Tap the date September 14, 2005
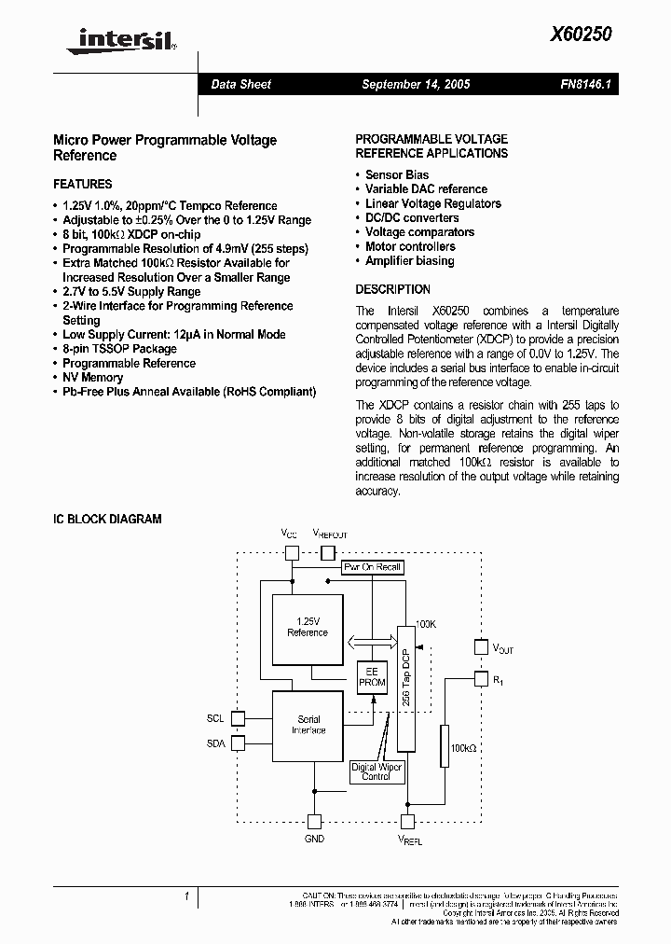tap(416, 84)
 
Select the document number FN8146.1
tap(585, 84)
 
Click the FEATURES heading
tap(82, 184)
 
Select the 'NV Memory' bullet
tap(92, 377)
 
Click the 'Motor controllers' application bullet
tap(410, 246)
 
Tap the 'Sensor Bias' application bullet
tap(397, 174)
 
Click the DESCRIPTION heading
tap(392, 289)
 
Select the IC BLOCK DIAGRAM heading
tap(107, 519)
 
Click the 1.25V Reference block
tap(308, 627)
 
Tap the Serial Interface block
tap(308, 725)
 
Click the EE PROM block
tap(372, 677)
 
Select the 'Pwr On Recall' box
tap(372, 567)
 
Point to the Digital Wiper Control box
tap(377, 770)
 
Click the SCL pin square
tap(237, 718)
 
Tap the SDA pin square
tap(237, 743)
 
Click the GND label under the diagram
tap(315, 839)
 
